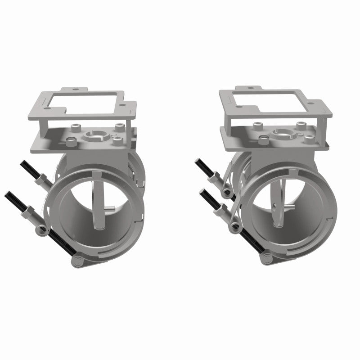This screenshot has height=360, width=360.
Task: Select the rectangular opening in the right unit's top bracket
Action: (270, 102)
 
